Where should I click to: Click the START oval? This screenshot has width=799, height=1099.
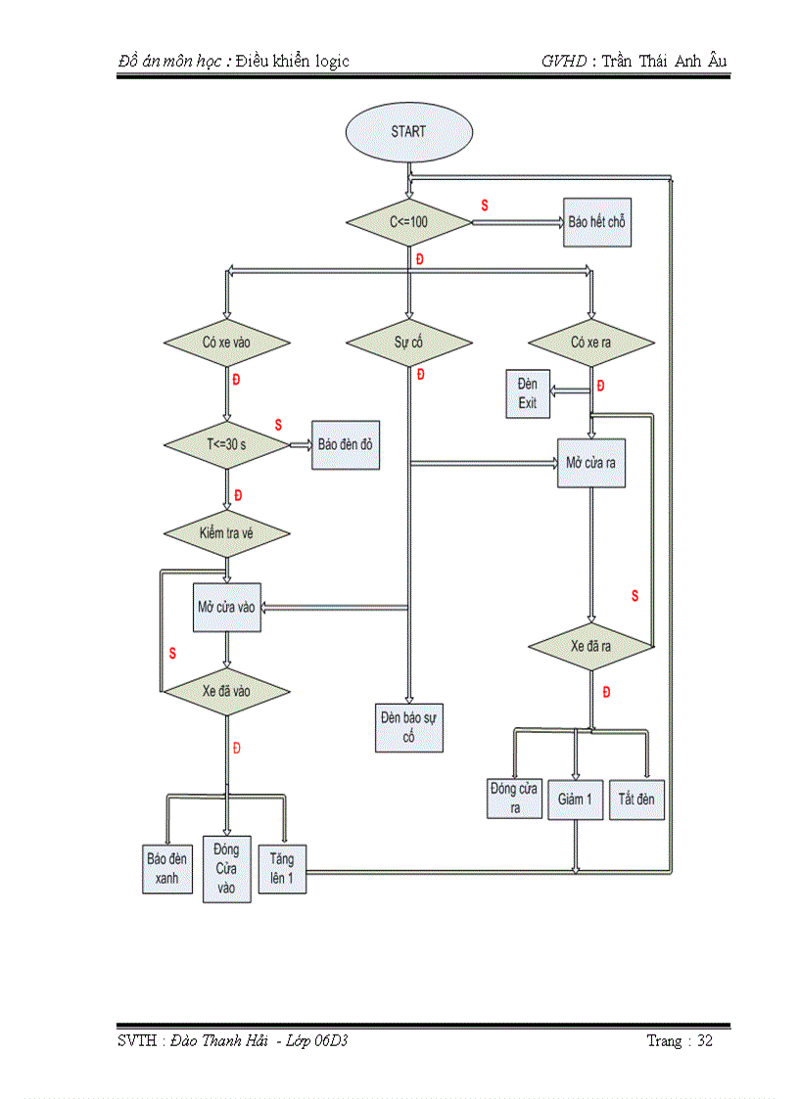408,131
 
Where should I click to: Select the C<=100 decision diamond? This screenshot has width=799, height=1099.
408,222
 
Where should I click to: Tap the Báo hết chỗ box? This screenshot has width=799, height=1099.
596,222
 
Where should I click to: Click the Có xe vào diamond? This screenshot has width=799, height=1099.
226,343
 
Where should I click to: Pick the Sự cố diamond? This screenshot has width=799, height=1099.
408,343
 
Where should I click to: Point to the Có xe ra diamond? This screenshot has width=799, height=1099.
590,343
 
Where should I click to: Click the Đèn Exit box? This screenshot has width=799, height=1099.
528,393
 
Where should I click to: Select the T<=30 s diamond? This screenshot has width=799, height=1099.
226,444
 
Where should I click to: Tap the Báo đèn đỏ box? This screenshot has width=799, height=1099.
345,444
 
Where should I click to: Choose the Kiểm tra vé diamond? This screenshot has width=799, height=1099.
226,533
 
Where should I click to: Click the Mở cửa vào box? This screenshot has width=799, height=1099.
226,607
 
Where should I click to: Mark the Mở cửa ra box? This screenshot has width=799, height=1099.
590,463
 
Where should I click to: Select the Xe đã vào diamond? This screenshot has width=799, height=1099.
226,691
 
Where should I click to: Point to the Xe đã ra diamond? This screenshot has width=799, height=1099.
590,647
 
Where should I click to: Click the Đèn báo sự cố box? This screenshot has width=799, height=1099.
408,727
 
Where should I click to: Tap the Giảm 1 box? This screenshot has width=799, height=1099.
575,799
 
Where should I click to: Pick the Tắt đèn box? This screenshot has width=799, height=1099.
636,799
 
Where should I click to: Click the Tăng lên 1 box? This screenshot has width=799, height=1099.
281,868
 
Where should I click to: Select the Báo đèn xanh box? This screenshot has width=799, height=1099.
166,868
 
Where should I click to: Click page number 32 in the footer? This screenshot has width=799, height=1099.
704,1040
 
